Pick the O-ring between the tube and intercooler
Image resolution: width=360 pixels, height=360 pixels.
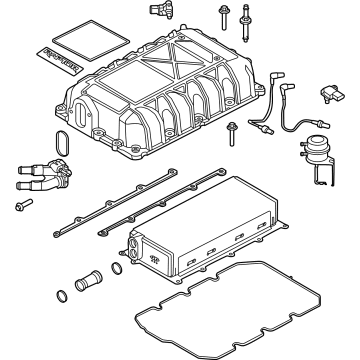[118, 268]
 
